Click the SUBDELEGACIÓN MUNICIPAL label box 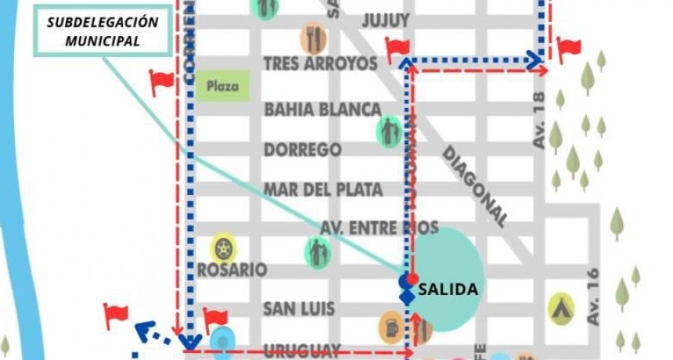(x=102, y=32)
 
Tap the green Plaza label (x=222, y=85)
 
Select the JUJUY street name (x=386, y=20)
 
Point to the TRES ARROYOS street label (x=321, y=63)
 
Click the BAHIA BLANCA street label (x=322, y=109)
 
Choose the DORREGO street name (x=302, y=149)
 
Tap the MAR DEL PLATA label (x=322, y=189)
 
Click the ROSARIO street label (x=232, y=269)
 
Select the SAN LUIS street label (x=298, y=308)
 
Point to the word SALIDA (x=448, y=290)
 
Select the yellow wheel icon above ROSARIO (x=224, y=249)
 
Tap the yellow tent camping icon (x=561, y=308)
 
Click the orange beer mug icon (x=392, y=328)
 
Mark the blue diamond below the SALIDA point (x=406, y=297)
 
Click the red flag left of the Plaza (x=161, y=81)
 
